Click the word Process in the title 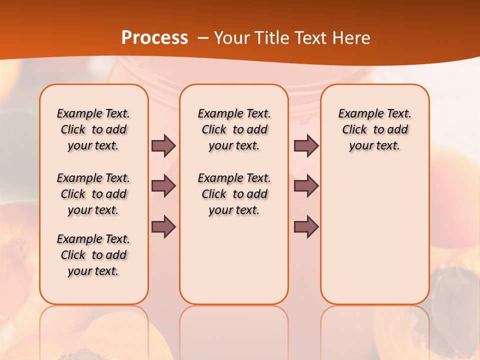tap(154, 37)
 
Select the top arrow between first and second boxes tap(163, 145)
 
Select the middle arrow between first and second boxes tap(163, 186)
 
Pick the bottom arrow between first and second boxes tap(163, 227)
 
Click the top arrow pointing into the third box tap(306, 145)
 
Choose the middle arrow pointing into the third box tap(306, 186)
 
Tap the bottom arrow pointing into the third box tap(306, 227)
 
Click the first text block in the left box tap(93, 129)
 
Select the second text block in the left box tap(93, 194)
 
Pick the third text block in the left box tap(93, 255)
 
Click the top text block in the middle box tap(234, 129)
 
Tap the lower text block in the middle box tap(234, 194)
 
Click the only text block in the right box tap(374, 129)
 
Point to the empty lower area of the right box tap(374, 235)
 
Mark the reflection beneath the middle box tap(234, 330)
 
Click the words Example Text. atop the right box tap(374, 113)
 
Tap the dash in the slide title tap(203, 38)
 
